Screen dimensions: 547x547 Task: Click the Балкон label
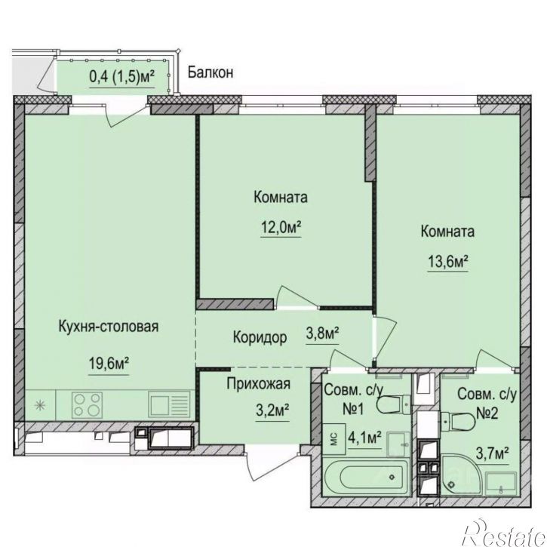211,72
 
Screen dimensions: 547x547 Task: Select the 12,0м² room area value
281,228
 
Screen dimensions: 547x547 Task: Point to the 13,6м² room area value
447,261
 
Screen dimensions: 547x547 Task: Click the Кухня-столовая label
109,327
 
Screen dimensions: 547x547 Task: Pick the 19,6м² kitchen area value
109,364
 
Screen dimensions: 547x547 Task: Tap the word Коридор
260,337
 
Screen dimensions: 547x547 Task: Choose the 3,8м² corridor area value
322,333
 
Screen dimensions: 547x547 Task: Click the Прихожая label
259,384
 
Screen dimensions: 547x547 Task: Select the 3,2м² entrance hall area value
272,410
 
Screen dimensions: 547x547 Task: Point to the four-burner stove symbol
87,404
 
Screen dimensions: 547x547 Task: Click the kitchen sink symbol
169,404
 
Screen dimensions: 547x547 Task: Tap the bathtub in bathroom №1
366,478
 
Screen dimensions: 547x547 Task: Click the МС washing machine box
333,439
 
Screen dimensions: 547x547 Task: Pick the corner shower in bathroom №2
461,475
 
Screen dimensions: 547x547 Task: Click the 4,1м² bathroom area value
364,437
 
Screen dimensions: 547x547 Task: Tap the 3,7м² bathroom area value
492,454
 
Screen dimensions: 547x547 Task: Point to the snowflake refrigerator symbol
40,405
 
